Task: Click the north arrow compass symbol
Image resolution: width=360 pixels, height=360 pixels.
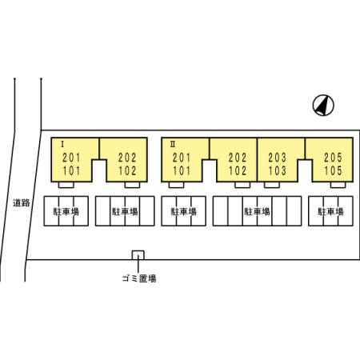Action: pyautogui.click(x=323, y=106)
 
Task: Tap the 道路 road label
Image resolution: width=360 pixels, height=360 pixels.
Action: pyautogui.click(x=22, y=203)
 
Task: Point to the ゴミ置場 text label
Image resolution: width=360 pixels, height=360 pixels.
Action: pyautogui.click(x=139, y=278)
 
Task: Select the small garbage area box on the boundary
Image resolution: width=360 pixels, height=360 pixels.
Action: pyautogui.click(x=138, y=255)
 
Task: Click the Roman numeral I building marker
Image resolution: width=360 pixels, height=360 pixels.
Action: pyautogui.click(x=62, y=145)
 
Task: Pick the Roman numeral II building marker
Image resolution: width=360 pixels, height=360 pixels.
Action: pyautogui.click(x=173, y=145)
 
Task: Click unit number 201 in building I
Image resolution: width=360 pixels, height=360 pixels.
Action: pyautogui.click(x=71, y=158)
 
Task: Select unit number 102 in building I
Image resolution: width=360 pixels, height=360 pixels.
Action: pyautogui.click(x=127, y=170)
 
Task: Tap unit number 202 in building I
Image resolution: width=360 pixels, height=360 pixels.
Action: pyautogui.click(x=127, y=158)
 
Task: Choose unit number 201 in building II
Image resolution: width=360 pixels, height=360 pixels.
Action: pyautogui.click(x=182, y=158)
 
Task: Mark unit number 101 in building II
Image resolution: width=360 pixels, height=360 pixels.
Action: pyautogui.click(x=182, y=170)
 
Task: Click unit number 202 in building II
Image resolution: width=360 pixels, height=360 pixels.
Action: pyautogui.click(x=238, y=158)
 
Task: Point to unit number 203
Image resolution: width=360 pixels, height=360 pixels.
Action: pyautogui.click(x=278, y=158)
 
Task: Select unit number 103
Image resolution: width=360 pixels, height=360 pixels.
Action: pyautogui.click(x=278, y=170)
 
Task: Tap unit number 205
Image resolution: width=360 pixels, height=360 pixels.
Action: pyautogui.click(x=333, y=158)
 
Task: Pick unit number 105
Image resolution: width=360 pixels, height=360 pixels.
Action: pyautogui.click(x=333, y=170)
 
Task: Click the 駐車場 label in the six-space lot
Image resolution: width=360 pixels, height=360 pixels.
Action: pyautogui.click(x=257, y=211)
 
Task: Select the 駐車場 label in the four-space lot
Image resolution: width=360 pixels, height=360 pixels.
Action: pyautogui.click(x=125, y=211)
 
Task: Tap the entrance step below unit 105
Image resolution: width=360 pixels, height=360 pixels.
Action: pyautogui.click(x=338, y=185)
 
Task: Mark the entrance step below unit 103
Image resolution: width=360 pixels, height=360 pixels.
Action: pyautogui.click(x=272, y=185)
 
